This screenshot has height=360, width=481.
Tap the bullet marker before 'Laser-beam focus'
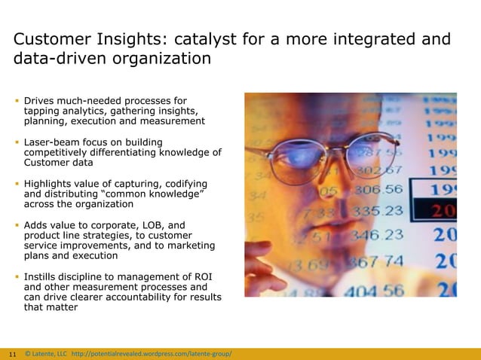(x=17, y=142)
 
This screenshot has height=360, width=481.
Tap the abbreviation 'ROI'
(x=202, y=276)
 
